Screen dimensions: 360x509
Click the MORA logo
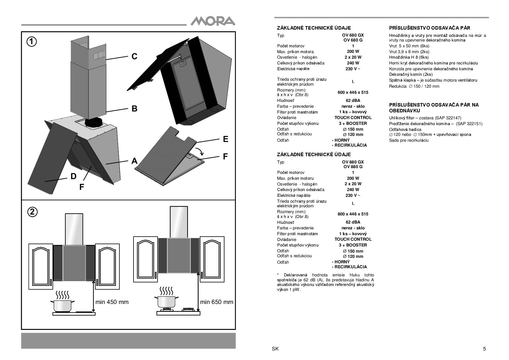(x=213, y=21)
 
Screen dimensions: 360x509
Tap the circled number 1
(x=32, y=42)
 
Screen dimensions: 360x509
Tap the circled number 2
(x=33, y=212)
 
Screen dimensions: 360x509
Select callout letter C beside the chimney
(x=134, y=56)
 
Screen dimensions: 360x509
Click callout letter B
(x=134, y=109)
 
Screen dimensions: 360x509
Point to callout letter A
(x=134, y=161)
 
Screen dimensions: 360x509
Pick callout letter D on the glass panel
(x=73, y=176)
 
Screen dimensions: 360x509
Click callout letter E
(x=225, y=139)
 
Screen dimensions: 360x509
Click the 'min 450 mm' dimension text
(x=112, y=302)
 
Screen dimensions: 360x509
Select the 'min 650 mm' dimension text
(x=216, y=302)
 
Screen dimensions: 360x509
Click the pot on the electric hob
(x=62, y=305)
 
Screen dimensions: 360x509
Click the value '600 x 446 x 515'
(x=353, y=92)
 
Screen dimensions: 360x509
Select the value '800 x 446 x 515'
(x=353, y=214)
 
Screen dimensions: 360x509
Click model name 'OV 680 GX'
(x=353, y=35)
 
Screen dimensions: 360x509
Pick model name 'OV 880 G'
(x=353, y=167)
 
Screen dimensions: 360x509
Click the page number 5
(x=484, y=349)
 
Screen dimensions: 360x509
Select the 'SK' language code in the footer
(x=275, y=349)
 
